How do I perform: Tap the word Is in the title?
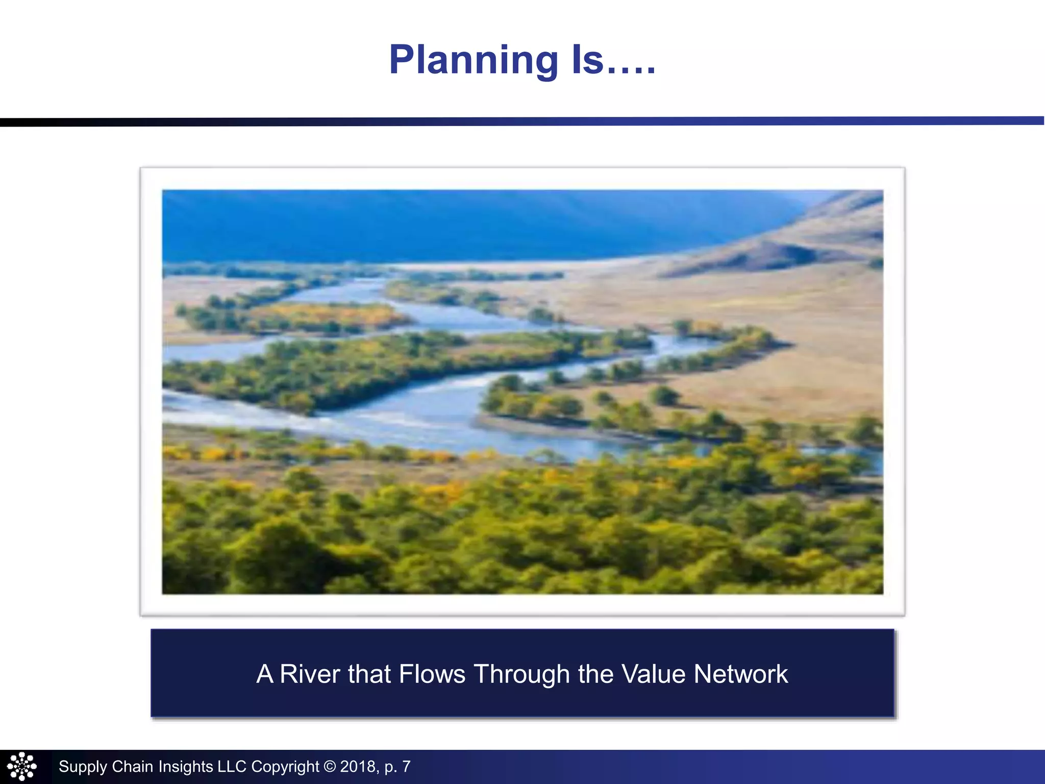point(587,60)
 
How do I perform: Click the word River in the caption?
point(310,674)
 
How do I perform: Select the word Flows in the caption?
point(432,674)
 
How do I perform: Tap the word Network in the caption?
point(741,674)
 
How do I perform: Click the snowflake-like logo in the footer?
point(22,767)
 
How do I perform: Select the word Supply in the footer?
point(83,767)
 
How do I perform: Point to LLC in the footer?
point(232,767)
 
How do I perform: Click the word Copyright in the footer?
point(285,767)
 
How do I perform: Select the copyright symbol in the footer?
point(330,767)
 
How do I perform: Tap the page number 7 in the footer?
point(406,767)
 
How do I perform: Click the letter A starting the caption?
point(265,674)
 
